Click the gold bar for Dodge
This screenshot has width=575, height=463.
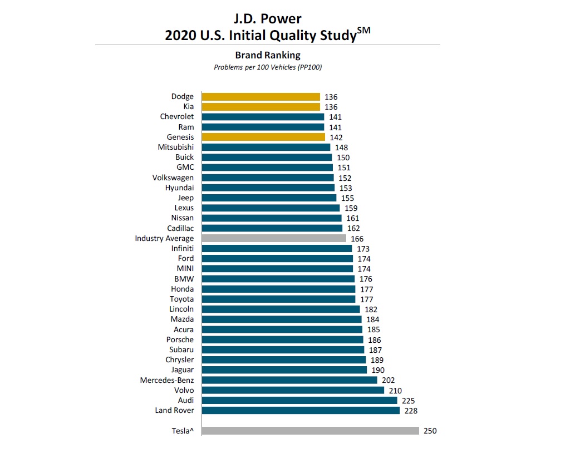pyautogui.click(x=261, y=97)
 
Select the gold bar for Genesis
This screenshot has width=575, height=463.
pyautogui.click(x=263, y=137)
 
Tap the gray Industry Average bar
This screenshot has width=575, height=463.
pyautogui.click(x=274, y=238)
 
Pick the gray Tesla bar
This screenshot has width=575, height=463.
pyautogui.click(x=310, y=431)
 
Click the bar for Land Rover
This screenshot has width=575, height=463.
pyautogui.click(x=301, y=411)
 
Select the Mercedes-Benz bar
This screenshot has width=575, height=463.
pyautogui.click(x=289, y=380)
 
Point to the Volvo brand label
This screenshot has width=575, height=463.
pyautogui.click(x=184, y=391)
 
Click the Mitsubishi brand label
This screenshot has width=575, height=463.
pyautogui.click(x=176, y=147)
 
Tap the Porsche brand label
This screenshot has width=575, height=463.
pyautogui.click(x=180, y=340)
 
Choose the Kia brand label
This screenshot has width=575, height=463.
pyautogui.click(x=189, y=107)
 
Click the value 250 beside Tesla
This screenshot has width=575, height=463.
pyautogui.click(x=430, y=431)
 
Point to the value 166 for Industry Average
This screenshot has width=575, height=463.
pyautogui.click(x=357, y=239)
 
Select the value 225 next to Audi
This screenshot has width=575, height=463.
pyautogui.click(x=409, y=401)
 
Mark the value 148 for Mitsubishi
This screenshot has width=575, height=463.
pyautogui.click(x=341, y=147)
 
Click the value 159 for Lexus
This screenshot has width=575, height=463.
pyautogui.click(x=351, y=208)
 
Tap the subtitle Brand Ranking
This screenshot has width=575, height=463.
pyautogui.click(x=268, y=55)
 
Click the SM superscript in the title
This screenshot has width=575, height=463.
pyautogui.click(x=364, y=30)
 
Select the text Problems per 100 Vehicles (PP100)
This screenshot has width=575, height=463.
pyautogui.click(x=268, y=67)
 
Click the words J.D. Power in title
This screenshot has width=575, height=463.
pyautogui.click(x=268, y=19)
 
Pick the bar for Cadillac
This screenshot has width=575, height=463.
pyautogui.click(x=272, y=228)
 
